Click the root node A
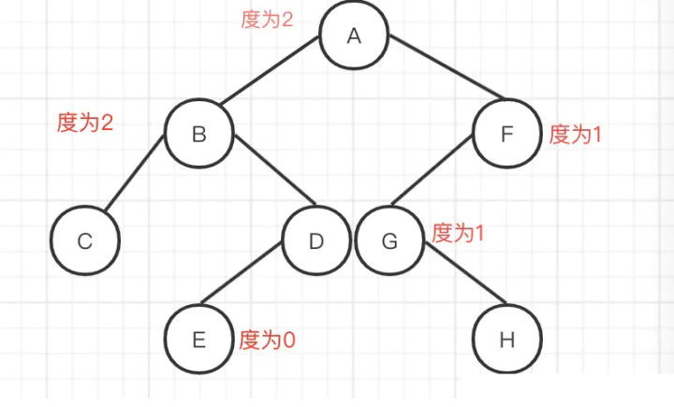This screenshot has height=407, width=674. click(353, 36)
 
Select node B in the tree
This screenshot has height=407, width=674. click(198, 135)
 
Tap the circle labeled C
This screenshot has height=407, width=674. click(85, 241)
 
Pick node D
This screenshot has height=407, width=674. click(315, 241)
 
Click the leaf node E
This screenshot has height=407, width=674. click(198, 339)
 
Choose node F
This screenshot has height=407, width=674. click(506, 135)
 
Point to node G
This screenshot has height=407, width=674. click(389, 241)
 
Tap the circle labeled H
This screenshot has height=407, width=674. click(506, 339)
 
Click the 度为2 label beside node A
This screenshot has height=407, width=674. click(268, 20)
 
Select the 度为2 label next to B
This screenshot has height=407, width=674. click(85, 123)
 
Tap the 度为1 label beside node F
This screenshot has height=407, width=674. click(575, 134)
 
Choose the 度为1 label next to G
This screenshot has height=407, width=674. click(458, 233)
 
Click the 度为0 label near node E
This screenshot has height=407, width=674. click(268, 339)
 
